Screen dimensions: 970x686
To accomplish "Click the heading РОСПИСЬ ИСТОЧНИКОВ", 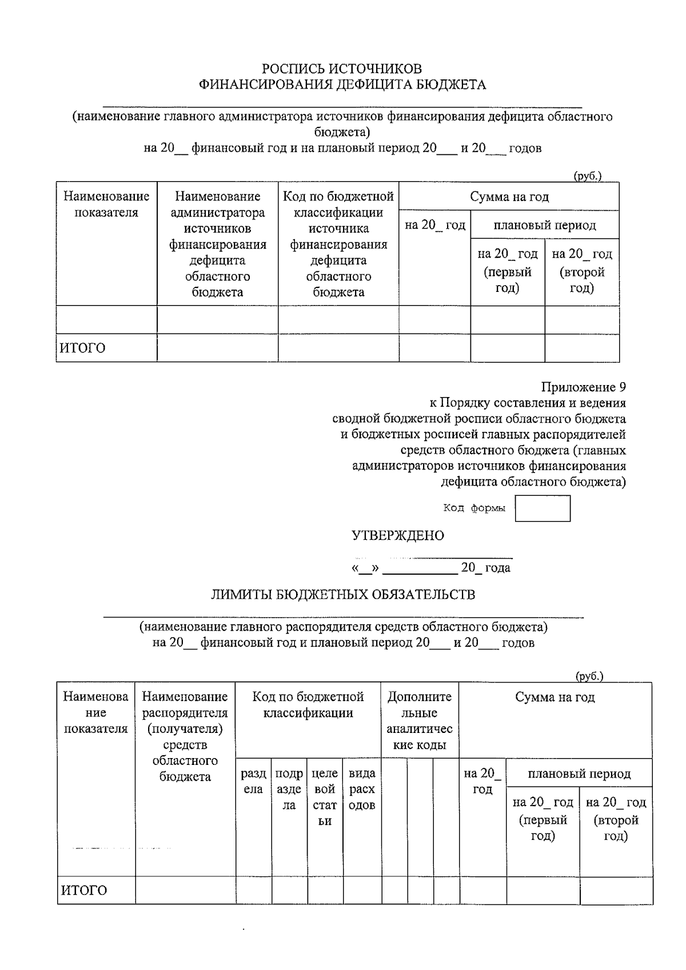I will pyautogui.click(x=342, y=69).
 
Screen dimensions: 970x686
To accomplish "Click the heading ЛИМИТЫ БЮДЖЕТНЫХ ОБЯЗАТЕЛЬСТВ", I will pyautogui.click(x=343, y=595).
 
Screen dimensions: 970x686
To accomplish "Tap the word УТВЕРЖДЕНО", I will pyautogui.click(x=398, y=536).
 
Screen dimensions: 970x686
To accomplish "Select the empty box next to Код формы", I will pyautogui.click(x=543, y=508).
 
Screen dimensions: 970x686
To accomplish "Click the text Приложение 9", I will pyautogui.click(x=584, y=387).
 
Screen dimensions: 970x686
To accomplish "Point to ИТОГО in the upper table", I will pyautogui.click(x=83, y=348).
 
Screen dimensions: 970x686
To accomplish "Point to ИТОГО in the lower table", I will pyautogui.click(x=84, y=891).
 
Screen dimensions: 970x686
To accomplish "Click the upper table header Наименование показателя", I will pyautogui.click(x=106, y=205).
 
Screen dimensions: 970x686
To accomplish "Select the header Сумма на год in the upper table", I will pyautogui.click(x=509, y=197).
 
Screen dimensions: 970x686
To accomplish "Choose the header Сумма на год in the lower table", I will pyautogui.click(x=555, y=698).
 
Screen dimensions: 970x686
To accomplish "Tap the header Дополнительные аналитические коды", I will pyautogui.click(x=420, y=721).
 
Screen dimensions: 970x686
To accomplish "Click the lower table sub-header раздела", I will pyautogui.click(x=253, y=781).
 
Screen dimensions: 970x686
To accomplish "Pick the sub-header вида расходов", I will pyautogui.click(x=362, y=789).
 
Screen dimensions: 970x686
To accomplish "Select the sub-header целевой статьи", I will pyautogui.click(x=325, y=797).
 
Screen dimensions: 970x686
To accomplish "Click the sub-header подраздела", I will pyautogui.click(x=289, y=789).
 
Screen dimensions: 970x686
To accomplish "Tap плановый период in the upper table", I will pyautogui.click(x=545, y=225).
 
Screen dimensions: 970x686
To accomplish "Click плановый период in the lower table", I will pyautogui.click(x=579, y=774).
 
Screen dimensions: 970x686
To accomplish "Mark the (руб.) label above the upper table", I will pyautogui.click(x=588, y=177).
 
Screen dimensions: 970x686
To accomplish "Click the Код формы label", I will pyautogui.click(x=474, y=508).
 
